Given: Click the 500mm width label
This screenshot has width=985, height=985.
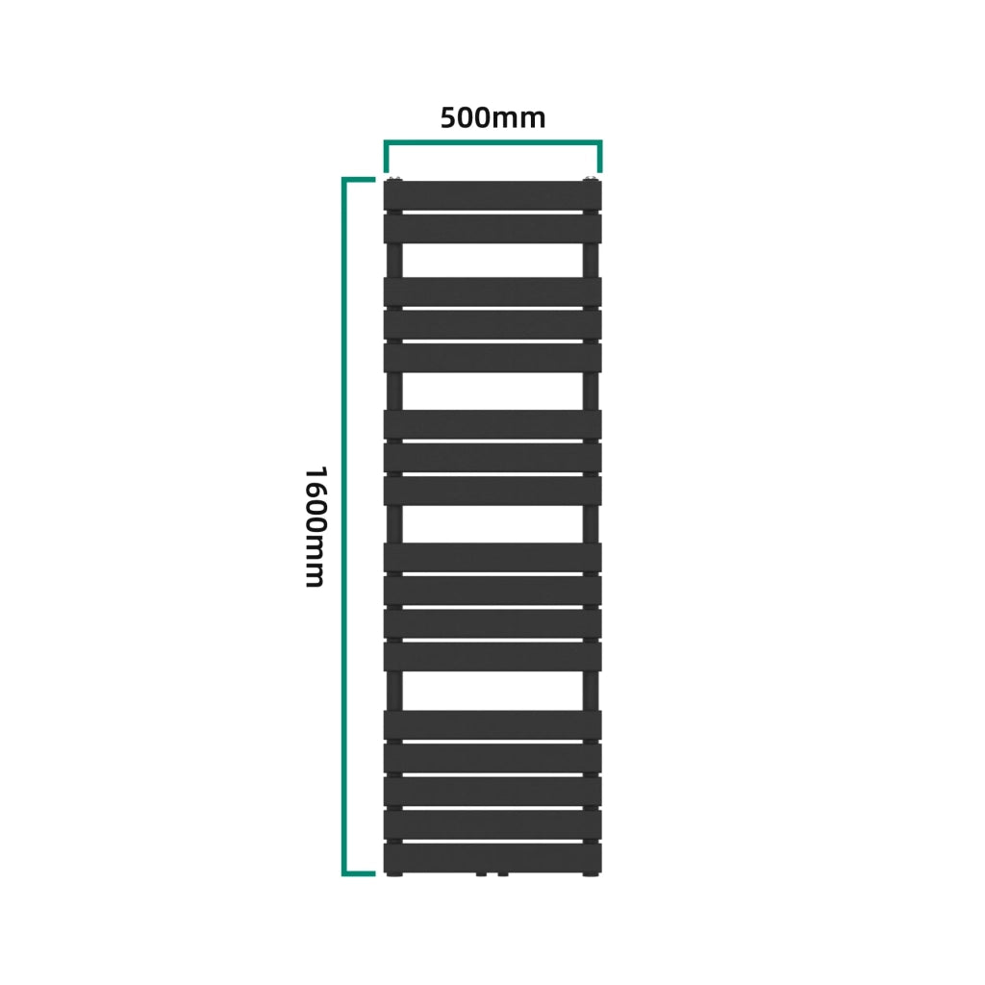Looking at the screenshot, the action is click(492, 118).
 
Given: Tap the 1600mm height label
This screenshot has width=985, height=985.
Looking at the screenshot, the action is click(315, 526).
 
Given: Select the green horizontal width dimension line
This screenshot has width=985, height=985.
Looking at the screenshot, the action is click(493, 143).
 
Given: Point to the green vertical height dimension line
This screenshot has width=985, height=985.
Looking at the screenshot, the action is click(345, 526).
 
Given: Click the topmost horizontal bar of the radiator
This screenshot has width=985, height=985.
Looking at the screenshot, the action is click(492, 195).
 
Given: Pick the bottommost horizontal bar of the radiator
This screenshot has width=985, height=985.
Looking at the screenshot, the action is click(492, 857).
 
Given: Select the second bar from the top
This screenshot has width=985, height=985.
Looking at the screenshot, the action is click(492, 229).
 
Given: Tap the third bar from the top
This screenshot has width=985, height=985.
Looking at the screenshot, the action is click(492, 291).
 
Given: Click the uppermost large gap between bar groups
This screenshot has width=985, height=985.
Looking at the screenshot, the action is click(492, 260).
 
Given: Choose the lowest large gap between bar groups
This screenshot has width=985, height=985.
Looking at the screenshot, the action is click(492, 691).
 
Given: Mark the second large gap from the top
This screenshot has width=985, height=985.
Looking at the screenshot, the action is click(492, 391).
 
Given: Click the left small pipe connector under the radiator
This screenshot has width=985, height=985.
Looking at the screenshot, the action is click(481, 873).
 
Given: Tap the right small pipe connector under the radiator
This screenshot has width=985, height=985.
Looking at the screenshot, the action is click(503, 873).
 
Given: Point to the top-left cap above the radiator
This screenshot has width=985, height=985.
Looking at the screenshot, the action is click(394, 180).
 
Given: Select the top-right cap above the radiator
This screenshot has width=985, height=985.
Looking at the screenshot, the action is click(591, 180).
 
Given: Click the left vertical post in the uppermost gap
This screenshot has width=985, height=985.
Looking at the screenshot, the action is click(394, 260).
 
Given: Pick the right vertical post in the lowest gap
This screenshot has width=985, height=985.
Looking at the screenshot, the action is click(591, 691).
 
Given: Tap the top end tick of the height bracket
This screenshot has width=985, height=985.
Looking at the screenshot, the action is click(359, 180).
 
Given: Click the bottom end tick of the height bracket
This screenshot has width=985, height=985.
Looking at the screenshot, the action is click(359, 873).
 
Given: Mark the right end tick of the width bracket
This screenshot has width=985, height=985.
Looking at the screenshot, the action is click(600, 157).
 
